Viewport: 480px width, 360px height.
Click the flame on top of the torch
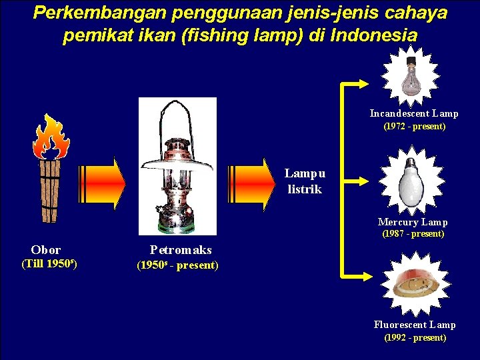[x=51, y=137]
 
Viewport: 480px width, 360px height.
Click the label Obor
[x=46, y=250]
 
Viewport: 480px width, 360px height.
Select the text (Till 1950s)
[x=49, y=263]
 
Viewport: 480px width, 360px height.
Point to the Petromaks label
[x=181, y=250]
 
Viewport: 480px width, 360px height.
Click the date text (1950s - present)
[x=177, y=265]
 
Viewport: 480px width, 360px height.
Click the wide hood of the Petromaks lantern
[x=177, y=161]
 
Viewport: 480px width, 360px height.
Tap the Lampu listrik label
[x=305, y=181]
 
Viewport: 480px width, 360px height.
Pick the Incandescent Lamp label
[x=414, y=114]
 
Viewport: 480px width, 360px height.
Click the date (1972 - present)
[x=414, y=126]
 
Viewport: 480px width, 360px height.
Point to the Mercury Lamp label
[x=413, y=222]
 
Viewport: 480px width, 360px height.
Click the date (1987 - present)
[x=413, y=234]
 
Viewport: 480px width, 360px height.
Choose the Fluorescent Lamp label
[x=415, y=325]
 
